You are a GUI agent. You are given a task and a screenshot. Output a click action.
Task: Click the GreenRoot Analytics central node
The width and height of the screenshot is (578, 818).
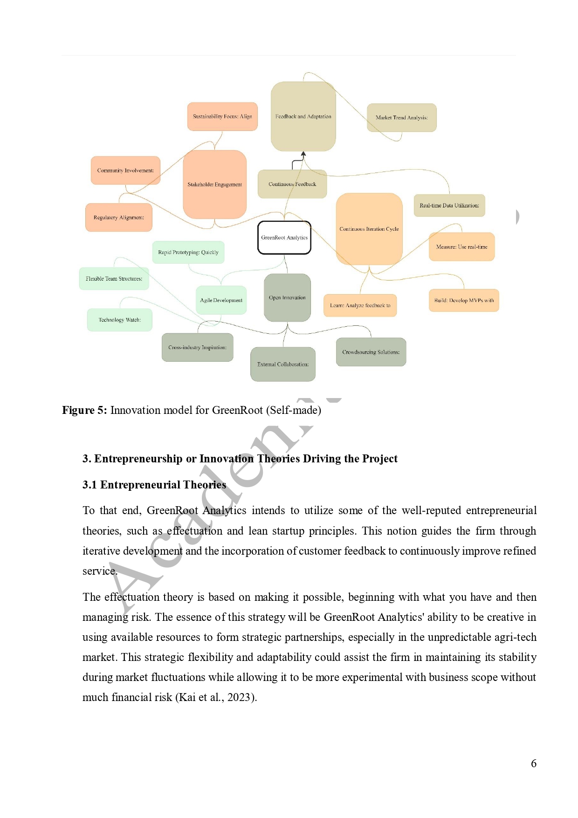(x=284, y=238)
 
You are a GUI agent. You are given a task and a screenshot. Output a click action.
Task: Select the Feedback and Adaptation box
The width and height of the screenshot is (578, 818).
(x=303, y=117)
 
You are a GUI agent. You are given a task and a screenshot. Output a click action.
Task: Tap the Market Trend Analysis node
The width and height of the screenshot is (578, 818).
(x=401, y=117)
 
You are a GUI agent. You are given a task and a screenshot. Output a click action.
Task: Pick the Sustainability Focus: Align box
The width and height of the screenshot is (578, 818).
(x=222, y=117)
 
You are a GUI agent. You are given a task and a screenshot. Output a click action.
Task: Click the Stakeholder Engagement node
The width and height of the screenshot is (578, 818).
(x=214, y=185)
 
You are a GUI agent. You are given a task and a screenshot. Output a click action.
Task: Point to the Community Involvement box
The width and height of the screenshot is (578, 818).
(x=125, y=171)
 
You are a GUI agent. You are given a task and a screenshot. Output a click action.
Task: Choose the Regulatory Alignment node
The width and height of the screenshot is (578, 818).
(x=119, y=218)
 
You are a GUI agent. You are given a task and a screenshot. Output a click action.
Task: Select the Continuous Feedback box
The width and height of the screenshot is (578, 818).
(x=292, y=184)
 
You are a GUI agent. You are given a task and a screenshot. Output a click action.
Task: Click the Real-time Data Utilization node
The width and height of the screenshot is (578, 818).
(x=449, y=206)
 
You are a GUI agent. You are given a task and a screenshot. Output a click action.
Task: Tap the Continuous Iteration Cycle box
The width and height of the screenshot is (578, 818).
(x=369, y=229)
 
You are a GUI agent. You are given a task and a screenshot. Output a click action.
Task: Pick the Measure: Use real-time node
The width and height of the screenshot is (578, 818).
(x=461, y=247)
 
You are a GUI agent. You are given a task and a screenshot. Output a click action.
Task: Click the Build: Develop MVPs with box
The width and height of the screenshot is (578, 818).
(x=464, y=301)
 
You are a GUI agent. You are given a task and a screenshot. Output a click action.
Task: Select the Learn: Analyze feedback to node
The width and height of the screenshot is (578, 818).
(x=360, y=306)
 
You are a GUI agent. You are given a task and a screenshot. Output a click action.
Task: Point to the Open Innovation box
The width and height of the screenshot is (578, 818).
(x=287, y=298)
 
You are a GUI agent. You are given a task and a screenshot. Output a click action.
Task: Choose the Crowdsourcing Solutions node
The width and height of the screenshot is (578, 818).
(x=371, y=352)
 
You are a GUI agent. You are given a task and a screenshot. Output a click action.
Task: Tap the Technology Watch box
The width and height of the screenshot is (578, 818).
(x=120, y=320)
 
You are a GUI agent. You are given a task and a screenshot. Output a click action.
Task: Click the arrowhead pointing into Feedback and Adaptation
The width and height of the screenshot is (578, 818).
(x=303, y=154)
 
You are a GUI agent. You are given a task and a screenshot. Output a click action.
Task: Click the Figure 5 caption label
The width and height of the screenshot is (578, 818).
(x=84, y=410)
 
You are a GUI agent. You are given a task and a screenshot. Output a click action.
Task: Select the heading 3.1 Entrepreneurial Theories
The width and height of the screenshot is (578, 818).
(x=154, y=485)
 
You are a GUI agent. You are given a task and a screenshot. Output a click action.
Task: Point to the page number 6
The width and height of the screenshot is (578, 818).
(x=534, y=763)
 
